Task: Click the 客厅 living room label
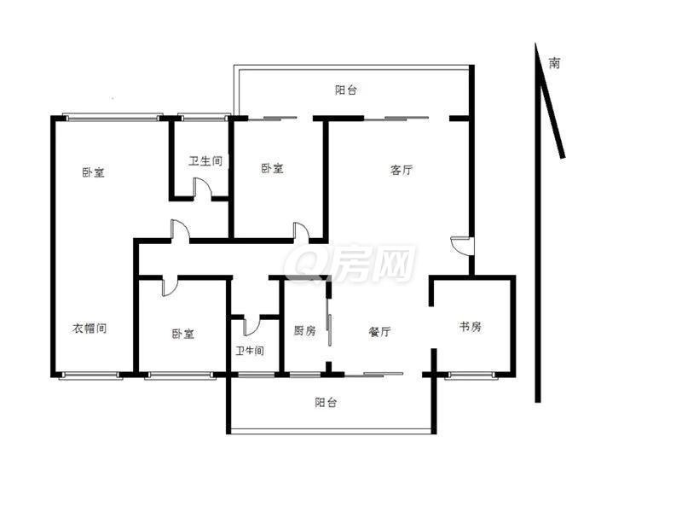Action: [x=401, y=170]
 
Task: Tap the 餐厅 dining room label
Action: [x=379, y=332]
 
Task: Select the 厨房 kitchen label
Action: [x=304, y=331]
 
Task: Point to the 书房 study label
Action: [x=471, y=326]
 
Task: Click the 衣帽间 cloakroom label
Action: [x=90, y=328]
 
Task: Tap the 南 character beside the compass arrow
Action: [x=554, y=63]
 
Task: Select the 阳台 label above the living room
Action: [x=346, y=90]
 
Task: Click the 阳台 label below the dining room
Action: [x=326, y=402]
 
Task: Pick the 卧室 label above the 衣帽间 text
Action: [x=93, y=172]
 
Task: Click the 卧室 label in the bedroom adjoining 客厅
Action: [x=272, y=168]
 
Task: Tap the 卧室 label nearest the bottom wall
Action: [x=182, y=334]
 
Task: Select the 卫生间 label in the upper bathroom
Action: [x=205, y=161]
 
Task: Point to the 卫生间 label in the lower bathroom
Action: [x=250, y=351]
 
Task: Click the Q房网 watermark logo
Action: [x=350, y=263]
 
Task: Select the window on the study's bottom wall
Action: [x=471, y=375]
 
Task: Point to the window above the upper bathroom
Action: [x=203, y=117]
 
